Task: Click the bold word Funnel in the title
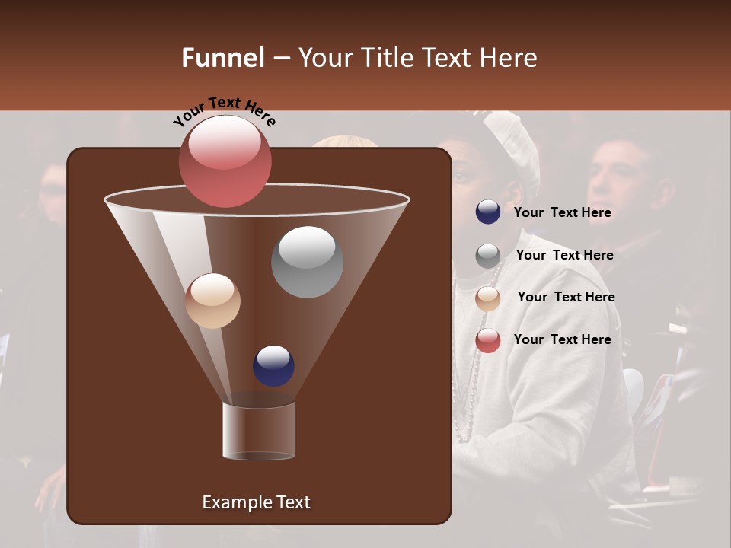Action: [x=222, y=58]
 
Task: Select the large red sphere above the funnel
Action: [x=225, y=161]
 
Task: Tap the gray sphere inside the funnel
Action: [x=307, y=262]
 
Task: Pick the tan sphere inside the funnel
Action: [x=212, y=301]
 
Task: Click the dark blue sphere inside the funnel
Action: [x=273, y=365]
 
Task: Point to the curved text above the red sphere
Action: [x=225, y=111]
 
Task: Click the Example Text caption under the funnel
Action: [x=256, y=502]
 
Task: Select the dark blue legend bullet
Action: [x=488, y=212]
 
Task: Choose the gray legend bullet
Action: [x=488, y=256]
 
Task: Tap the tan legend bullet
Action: [x=488, y=298]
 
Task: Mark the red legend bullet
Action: [x=488, y=340]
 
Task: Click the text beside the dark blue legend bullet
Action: [x=562, y=213]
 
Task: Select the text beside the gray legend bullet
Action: [x=564, y=256]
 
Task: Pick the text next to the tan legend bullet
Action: [x=566, y=298]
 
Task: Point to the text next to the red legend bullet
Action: [x=562, y=339]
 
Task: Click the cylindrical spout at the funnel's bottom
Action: [x=259, y=430]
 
